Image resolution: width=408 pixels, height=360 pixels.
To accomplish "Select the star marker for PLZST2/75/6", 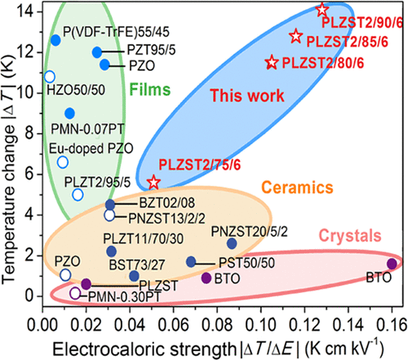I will click(x=153, y=181).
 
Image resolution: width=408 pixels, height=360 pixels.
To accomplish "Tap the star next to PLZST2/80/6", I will click(x=273, y=62).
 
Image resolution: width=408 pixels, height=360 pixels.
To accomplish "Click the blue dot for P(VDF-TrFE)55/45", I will click(x=55, y=40).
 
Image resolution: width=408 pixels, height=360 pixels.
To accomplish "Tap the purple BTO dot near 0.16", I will click(x=392, y=263).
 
